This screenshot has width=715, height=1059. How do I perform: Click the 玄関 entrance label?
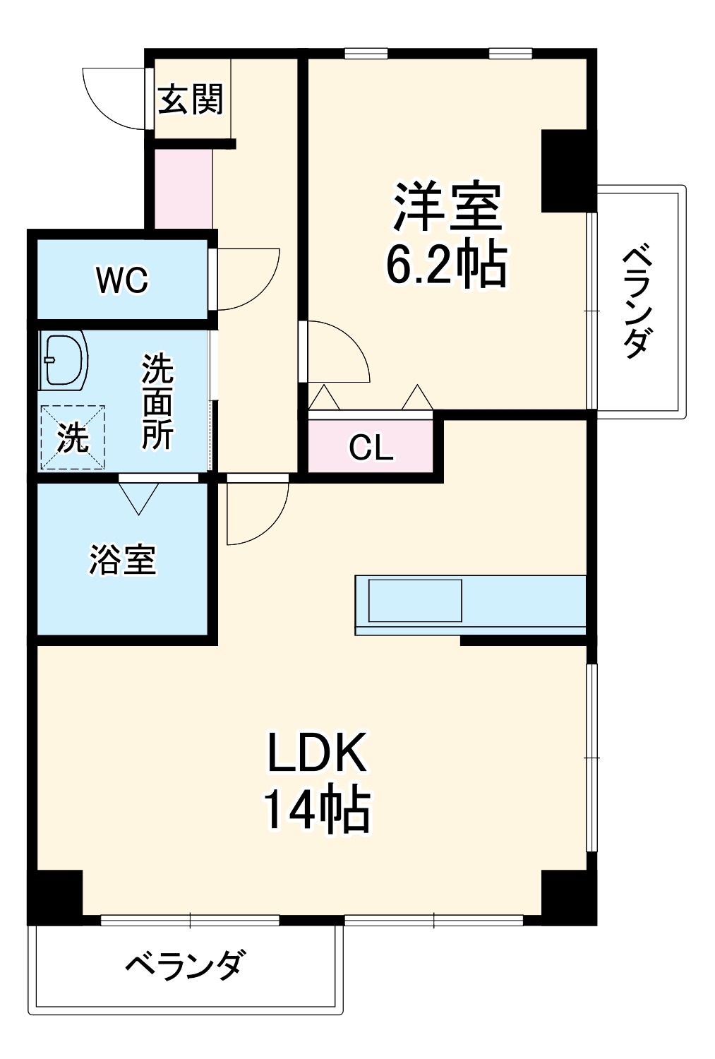pos(191,100)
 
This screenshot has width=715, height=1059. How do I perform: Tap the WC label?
pos(123,280)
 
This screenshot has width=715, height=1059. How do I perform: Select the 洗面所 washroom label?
pos(157,402)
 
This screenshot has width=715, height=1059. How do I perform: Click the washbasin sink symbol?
pos(64,360)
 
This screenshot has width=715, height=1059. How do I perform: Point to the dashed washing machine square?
pos(73,438)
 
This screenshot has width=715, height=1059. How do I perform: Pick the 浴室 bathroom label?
pos(122,560)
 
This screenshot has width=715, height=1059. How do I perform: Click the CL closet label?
pos(371,448)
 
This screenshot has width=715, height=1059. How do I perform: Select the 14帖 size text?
pos(317,810)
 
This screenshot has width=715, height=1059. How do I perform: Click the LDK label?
pos(317,753)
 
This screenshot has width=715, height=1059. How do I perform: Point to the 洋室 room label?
pos(447,207)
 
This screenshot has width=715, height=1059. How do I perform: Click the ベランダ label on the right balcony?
pos(637,301)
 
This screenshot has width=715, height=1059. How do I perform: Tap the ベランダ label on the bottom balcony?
pos(186,965)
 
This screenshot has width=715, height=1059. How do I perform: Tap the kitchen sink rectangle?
pos(415,601)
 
